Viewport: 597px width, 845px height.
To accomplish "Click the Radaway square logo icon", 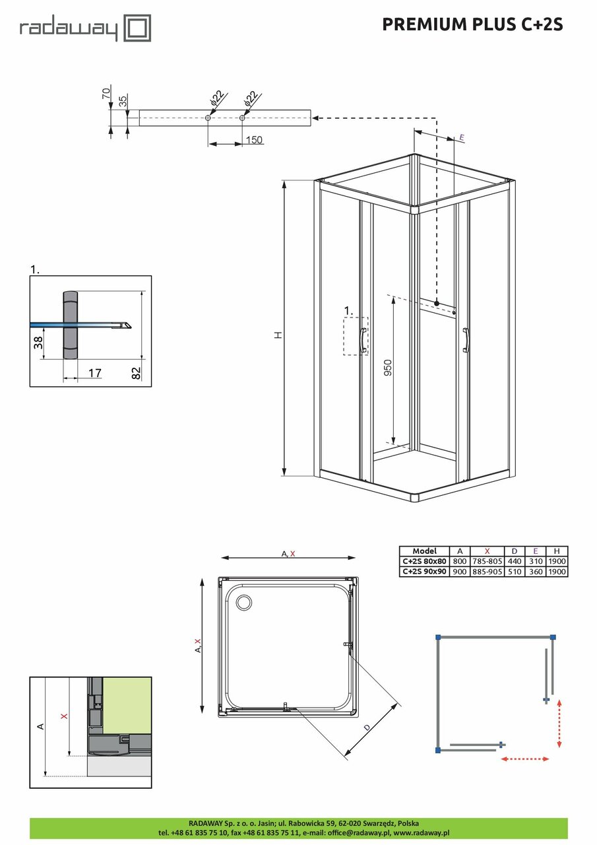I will pyautogui.click(x=139, y=29).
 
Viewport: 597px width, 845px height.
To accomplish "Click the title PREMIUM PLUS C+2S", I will pyautogui.click(x=472, y=24).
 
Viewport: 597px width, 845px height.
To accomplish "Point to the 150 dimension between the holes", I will pyautogui.click(x=254, y=140).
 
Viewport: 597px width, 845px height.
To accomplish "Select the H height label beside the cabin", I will pyautogui.click(x=278, y=335).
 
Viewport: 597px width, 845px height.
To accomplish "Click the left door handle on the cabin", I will pyautogui.click(x=362, y=340).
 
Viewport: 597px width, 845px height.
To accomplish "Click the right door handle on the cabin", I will pyautogui.click(x=466, y=339).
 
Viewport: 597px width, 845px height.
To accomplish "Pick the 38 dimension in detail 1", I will pyautogui.click(x=38, y=342).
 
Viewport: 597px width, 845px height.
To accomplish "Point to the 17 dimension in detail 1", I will pyautogui.click(x=94, y=374).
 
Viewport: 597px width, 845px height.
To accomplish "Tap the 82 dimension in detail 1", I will pyautogui.click(x=137, y=372).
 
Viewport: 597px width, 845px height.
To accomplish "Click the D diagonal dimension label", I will pyautogui.click(x=367, y=727).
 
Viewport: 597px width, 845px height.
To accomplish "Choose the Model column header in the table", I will pyautogui.click(x=424, y=551).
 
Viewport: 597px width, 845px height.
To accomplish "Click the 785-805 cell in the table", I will pyautogui.click(x=487, y=561).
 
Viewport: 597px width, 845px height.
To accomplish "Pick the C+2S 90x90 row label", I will pyautogui.click(x=424, y=571).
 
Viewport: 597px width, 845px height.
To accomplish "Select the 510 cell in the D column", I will pyautogui.click(x=514, y=571).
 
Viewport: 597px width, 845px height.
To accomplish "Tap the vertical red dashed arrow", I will pyautogui.click(x=559, y=724).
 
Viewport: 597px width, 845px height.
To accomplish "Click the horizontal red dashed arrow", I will pyautogui.click(x=525, y=759).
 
